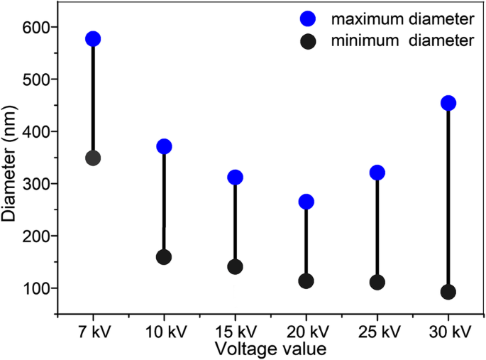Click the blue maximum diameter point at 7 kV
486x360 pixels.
pos(93,39)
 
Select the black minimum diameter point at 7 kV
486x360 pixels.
pos(93,158)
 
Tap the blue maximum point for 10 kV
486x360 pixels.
pos(164,146)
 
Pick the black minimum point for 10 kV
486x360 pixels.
pos(164,256)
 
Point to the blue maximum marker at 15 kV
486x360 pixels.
pos(235,177)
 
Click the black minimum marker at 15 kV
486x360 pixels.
pos(235,266)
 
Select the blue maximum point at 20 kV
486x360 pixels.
pos(306,202)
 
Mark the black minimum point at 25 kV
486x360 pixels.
pos(377,282)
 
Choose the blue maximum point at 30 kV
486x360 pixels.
pos(448,103)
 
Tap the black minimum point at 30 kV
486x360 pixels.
pos(448,292)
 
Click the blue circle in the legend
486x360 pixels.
pos(308,16)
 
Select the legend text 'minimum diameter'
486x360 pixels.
pos(402,41)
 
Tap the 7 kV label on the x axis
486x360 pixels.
pos(93,332)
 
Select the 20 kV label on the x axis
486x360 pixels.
pos(306,332)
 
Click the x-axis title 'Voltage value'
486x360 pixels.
pos(271,349)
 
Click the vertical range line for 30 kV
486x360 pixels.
pos(448,199)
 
